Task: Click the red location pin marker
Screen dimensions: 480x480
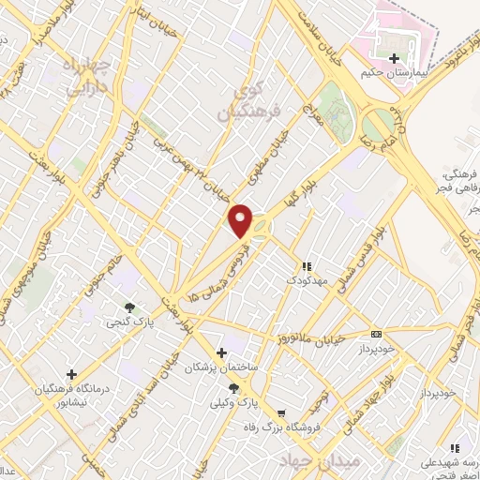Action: tap(242, 220)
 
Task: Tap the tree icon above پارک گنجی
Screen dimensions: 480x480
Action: tap(128, 307)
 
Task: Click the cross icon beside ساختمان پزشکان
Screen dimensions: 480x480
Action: tap(221, 352)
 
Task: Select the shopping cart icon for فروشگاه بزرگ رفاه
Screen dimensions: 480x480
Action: tap(280, 412)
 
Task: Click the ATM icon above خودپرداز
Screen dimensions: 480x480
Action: tap(377, 334)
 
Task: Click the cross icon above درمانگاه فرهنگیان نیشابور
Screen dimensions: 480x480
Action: tap(71, 373)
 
